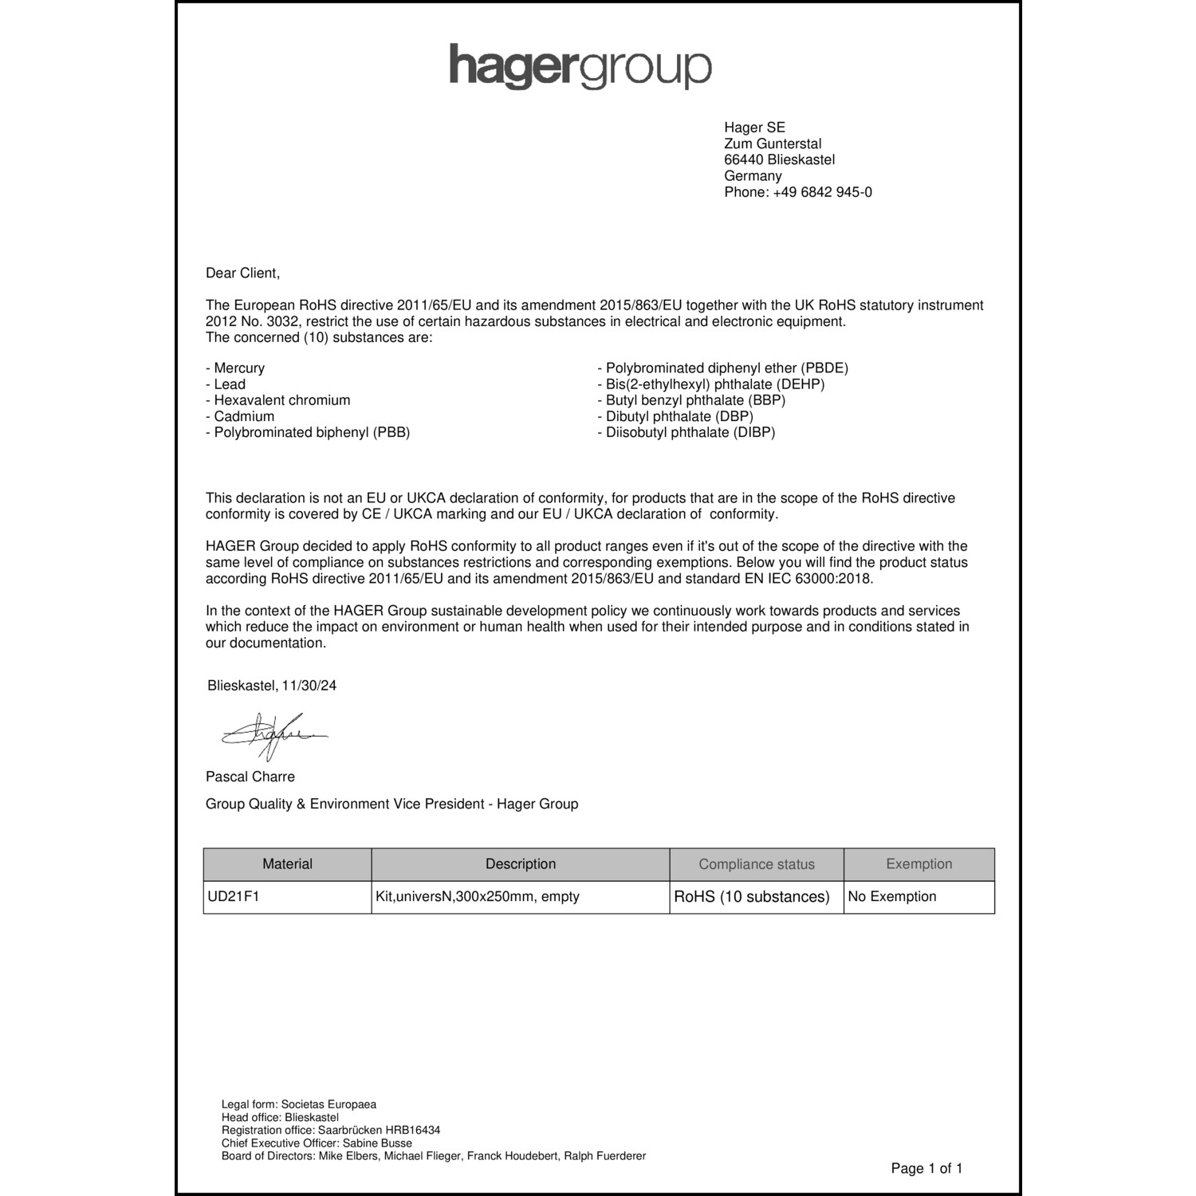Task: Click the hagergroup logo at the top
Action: [580, 66]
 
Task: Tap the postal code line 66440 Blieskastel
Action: [779, 159]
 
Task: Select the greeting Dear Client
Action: [242, 273]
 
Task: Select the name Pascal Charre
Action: [250, 777]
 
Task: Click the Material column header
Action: [287, 864]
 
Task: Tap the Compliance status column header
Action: [757, 864]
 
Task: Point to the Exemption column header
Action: [919, 864]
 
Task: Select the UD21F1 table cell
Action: [234, 896]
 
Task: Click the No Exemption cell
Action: [891, 896]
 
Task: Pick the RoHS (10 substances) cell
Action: [752, 897]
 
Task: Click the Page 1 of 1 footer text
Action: [927, 1169]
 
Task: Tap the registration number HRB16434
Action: [412, 1130]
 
